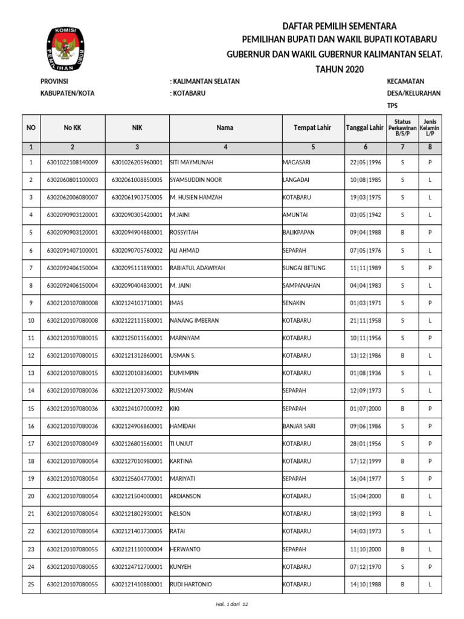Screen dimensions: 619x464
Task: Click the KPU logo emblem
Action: coord(63,50)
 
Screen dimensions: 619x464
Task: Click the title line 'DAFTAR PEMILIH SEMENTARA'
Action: coord(340,26)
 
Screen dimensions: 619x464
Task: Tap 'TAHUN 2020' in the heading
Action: coord(340,70)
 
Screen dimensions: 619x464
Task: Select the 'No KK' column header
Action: coord(72,128)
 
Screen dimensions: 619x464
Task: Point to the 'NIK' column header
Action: coord(137,128)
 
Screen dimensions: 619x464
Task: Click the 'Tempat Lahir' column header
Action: coord(313,128)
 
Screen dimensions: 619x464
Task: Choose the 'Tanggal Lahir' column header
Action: coord(364,128)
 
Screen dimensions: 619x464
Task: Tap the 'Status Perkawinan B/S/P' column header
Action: coord(402,128)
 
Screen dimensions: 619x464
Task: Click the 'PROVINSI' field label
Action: coord(54,82)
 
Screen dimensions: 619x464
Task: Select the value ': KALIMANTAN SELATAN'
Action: coord(205,82)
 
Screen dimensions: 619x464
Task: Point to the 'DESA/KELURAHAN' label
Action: coord(413,94)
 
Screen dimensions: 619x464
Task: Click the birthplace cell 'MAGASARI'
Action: coord(297,163)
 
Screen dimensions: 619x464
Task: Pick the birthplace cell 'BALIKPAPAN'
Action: coord(298,233)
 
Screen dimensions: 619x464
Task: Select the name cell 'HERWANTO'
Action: coord(185,549)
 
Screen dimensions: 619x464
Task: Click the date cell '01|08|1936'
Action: coord(364,374)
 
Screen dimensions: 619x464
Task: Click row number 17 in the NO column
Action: coord(31,444)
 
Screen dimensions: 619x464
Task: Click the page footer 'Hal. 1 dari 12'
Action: coord(232,604)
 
